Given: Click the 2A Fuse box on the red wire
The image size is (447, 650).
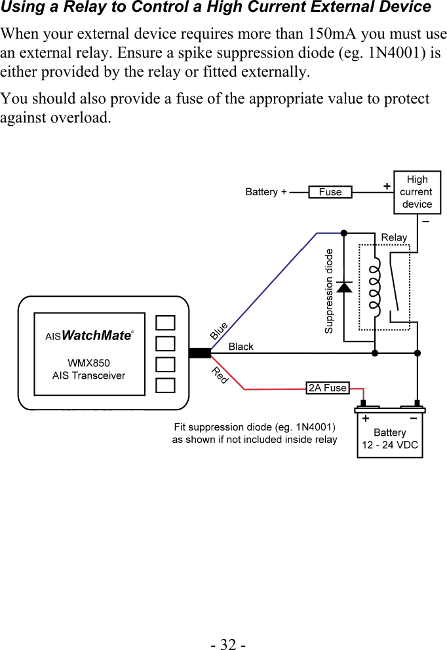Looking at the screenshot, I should pyautogui.click(x=328, y=388).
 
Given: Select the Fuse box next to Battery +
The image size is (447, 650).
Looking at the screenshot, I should pyautogui.click(x=330, y=192).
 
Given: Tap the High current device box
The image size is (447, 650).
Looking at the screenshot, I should pyautogui.click(x=417, y=192).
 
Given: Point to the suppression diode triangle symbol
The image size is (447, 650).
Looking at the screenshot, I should pyautogui.click(x=344, y=286).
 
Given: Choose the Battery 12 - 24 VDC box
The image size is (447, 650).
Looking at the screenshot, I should pyautogui.click(x=390, y=438).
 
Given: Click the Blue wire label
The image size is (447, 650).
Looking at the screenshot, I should pyautogui.click(x=219, y=330).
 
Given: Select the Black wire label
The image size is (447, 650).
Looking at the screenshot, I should pyautogui.click(x=241, y=347).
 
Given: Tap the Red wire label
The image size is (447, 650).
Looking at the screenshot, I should pyautogui.click(x=220, y=375).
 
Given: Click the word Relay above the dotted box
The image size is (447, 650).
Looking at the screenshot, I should pyautogui.click(x=394, y=237).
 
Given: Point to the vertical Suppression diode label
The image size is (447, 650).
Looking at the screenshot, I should pyautogui.click(x=329, y=291).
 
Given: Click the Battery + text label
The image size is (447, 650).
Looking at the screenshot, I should pyautogui.click(x=265, y=192).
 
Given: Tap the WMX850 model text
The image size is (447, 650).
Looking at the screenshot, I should pyautogui.click(x=88, y=362).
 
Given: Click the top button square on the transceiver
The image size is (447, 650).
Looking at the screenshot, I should pyautogui.click(x=166, y=322).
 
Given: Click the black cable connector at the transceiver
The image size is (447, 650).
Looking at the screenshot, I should pyautogui.click(x=199, y=353).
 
